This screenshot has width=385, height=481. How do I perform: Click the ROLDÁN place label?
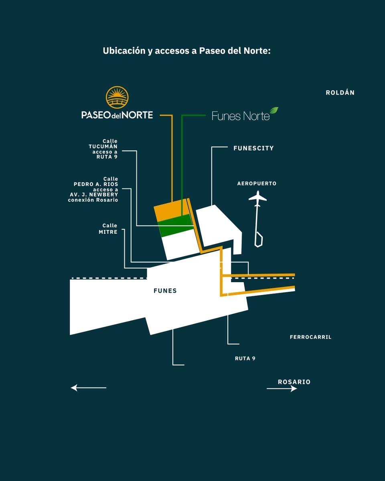[340, 92]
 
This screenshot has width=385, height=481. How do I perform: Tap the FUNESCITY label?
[253, 148]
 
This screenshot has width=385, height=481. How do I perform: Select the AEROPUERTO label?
[257, 184]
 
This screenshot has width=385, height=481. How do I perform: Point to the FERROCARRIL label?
[310, 337]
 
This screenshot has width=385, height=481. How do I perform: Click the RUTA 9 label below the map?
[245, 358]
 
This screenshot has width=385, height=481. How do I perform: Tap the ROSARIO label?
[294, 382]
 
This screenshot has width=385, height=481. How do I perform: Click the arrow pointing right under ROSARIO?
[282, 389]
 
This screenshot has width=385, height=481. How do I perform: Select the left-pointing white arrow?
[88, 388]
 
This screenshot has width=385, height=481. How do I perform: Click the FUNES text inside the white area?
[165, 291]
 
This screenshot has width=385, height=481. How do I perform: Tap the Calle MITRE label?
[108, 228]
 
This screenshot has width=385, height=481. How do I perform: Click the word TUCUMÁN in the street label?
[103, 146]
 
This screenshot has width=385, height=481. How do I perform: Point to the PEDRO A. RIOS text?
[96, 184]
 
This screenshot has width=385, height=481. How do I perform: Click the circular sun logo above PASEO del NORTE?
[117, 97]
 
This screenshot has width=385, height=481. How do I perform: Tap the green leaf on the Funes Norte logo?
[274, 110]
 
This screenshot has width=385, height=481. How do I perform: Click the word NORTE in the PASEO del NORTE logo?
[138, 115]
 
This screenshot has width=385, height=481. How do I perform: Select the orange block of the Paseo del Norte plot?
[171, 210]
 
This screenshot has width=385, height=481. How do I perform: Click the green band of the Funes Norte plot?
[175, 225]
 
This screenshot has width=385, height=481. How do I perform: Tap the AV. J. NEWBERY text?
[94, 195]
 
